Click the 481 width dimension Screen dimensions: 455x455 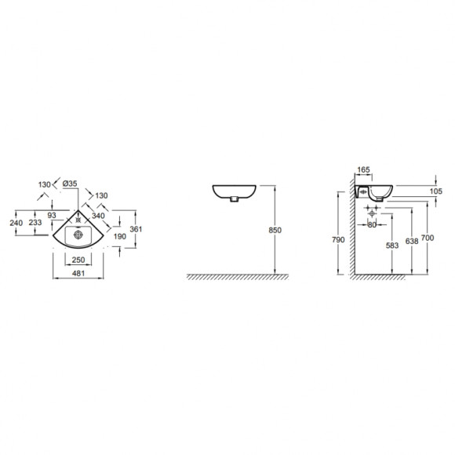[x=78, y=273]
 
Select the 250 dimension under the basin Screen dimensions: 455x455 [x=78, y=260]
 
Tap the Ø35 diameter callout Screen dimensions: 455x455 [x=70, y=184]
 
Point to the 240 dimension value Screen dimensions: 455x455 [x=16, y=223]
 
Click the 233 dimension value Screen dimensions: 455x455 [x=35, y=223]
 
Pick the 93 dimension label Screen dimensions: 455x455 [x=52, y=215]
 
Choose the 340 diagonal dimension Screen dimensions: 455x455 [x=98, y=216]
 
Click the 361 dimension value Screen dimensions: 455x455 [x=136, y=229]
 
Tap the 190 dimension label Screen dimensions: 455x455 [x=120, y=236]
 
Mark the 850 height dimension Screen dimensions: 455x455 [x=275, y=230]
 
